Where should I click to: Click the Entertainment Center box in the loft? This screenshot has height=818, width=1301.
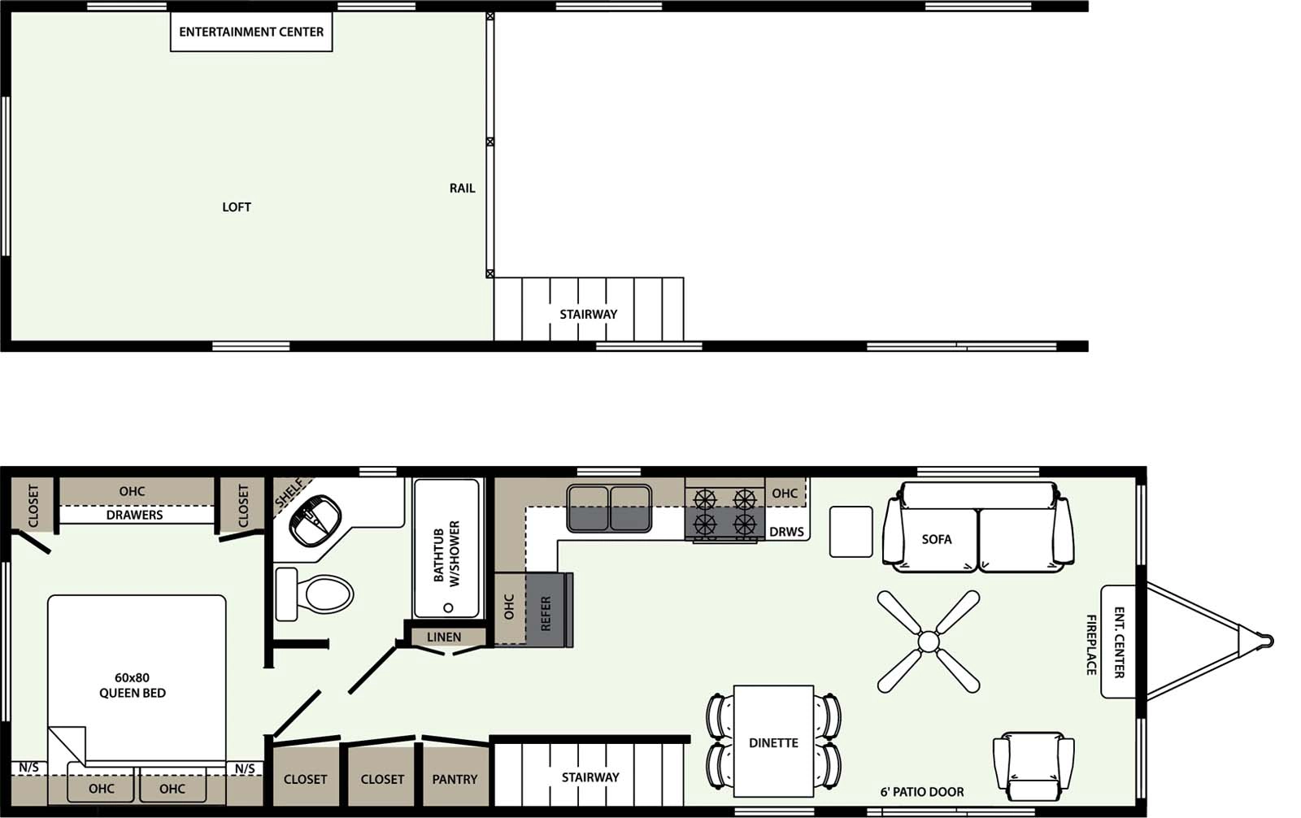(251, 33)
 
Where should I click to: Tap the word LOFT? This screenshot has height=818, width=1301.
(237, 207)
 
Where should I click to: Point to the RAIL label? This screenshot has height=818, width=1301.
(462, 188)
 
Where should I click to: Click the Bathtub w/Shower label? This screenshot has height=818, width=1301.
(446, 554)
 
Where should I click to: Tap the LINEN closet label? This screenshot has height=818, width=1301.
(444, 637)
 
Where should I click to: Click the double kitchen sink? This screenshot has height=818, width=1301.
(609, 508)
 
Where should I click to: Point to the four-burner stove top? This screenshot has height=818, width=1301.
(724, 512)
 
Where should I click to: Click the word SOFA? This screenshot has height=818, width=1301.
(937, 539)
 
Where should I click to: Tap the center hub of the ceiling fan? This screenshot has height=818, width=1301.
(929, 642)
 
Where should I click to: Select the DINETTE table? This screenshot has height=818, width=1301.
(773, 742)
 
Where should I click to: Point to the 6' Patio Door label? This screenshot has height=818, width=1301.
(922, 792)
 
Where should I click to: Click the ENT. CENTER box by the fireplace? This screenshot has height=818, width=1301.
(1119, 642)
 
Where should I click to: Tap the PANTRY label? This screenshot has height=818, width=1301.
(455, 779)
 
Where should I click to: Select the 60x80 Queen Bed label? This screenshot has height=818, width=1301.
(133, 685)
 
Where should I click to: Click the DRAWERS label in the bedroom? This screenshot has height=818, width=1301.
(135, 515)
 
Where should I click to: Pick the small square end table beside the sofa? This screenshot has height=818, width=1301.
(851, 532)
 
